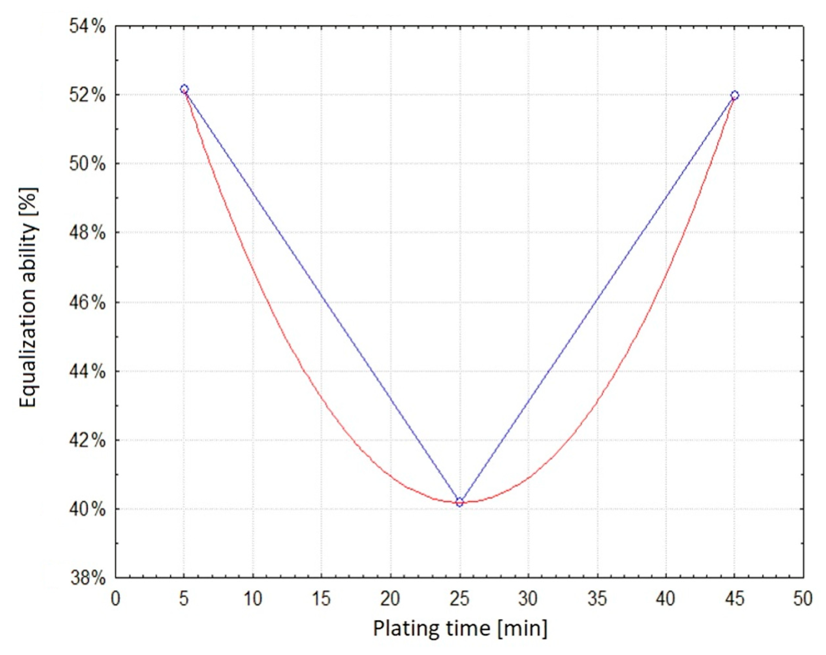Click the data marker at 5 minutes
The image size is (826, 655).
coord(184,89)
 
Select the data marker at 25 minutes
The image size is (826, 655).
coord(460,502)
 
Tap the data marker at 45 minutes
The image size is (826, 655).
coord(735,95)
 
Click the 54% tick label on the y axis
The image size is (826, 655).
coord(87,27)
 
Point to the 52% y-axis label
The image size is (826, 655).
coord(87,96)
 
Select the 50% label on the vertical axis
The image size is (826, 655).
coord(87,164)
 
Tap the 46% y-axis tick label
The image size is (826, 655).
coord(87,303)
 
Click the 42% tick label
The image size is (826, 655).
coord(87,440)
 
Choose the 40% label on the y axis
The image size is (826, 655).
coord(87,509)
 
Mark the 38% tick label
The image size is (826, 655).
coord(87,578)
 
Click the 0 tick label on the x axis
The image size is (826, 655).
coord(115,599)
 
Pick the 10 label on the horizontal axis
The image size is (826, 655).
coord(253,599)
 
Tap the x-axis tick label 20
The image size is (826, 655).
coord(390,599)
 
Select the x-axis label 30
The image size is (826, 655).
coord(528,599)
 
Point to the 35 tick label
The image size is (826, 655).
coord(597,599)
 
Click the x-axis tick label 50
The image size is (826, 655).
coord(803,599)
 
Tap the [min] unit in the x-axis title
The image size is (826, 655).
coord(523,629)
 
